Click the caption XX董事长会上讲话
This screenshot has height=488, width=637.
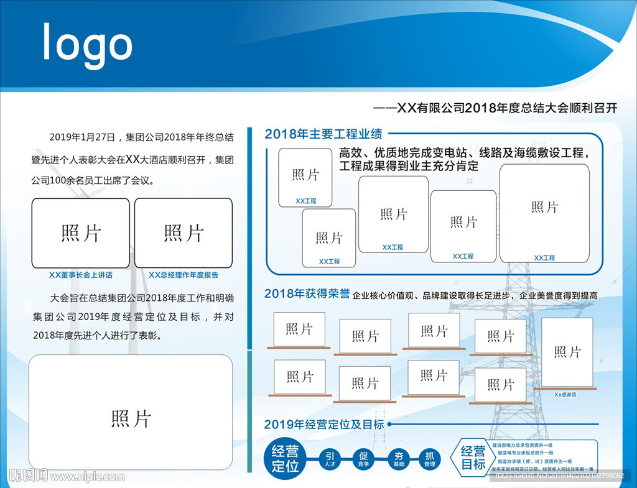(81, 275)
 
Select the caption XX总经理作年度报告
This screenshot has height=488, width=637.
(184, 275)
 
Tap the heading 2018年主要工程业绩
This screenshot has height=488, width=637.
(323, 134)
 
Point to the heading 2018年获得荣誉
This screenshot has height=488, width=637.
(307, 294)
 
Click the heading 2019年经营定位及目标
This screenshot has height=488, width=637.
(324, 425)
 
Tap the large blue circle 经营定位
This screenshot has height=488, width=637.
(286, 459)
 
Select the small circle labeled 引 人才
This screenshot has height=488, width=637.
(329, 459)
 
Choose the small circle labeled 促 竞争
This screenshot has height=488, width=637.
(363, 459)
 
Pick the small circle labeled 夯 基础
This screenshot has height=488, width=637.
(399, 459)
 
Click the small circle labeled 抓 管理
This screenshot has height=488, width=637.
(430, 459)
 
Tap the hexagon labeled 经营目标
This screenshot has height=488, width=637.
(473, 458)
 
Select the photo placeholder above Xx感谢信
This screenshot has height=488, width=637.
(567, 352)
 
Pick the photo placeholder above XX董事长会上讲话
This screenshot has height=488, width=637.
(81, 233)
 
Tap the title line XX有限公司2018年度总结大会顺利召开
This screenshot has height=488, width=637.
(495, 108)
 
